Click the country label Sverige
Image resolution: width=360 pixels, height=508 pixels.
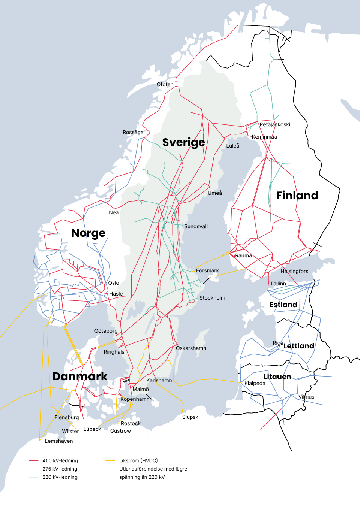[x=183, y=142]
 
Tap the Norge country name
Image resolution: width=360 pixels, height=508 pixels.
[x=88, y=233]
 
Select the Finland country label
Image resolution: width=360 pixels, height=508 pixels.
[x=297, y=195]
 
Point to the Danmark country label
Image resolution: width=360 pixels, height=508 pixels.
[x=80, y=376]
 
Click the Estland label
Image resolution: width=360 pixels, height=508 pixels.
[x=283, y=305]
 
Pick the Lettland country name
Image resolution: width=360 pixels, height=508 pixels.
[x=298, y=346]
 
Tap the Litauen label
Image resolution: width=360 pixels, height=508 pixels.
[x=277, y=377]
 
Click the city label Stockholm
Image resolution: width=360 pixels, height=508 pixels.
[x=212, y=298]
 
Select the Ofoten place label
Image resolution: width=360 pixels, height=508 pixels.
[x=165, y=84]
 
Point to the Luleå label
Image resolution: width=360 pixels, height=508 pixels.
[x=232, y=146]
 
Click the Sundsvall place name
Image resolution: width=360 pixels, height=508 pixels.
[x=196, y=226]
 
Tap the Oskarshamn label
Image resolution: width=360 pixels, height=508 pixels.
[x=191, y=348]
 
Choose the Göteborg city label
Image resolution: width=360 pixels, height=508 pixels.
[x=106, y=331]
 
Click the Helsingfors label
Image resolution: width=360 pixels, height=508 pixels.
[x=294, y=271]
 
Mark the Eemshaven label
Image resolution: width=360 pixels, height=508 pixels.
[x=59, y=441]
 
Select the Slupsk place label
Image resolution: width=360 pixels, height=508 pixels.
[x=190, y=417]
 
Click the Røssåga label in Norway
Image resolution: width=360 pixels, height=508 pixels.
[x=133, y=132]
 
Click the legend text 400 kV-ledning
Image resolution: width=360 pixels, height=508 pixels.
[x=60, y=460]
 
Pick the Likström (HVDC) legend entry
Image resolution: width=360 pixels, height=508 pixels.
[x=138, y=460]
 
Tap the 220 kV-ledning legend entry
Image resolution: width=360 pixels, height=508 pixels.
[x=60, y=477]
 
